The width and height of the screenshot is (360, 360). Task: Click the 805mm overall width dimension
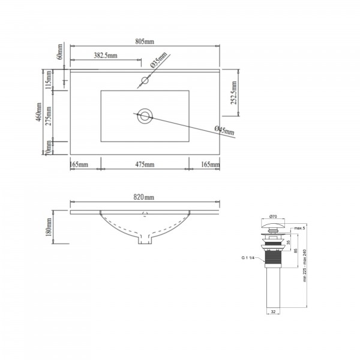[145, 41]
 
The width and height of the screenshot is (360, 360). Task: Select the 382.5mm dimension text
[106, 55]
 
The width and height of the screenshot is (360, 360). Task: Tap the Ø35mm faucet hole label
[158, 59]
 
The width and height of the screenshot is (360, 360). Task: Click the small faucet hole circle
[145, 80]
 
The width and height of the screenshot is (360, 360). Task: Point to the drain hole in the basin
[145, 116]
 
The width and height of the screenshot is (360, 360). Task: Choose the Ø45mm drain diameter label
[224, 130]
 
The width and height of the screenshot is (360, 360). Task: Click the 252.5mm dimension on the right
[233, 92]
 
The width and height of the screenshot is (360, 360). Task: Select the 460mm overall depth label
[39, 112]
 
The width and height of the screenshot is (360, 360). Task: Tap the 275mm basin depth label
[49, 116]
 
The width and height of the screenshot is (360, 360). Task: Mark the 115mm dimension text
[49, 80]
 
